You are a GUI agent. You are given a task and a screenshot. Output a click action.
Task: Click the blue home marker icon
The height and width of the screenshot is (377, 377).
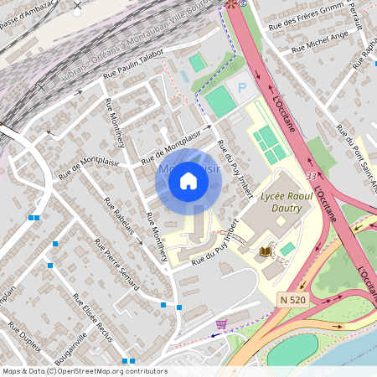188,181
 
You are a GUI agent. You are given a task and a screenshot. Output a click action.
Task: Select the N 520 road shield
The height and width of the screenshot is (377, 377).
293,299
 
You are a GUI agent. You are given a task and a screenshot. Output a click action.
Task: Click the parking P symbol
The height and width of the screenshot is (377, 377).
243,87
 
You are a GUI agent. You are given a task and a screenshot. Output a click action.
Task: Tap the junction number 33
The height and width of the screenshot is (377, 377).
311,177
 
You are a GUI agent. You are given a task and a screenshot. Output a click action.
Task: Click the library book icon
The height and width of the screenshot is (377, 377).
266,251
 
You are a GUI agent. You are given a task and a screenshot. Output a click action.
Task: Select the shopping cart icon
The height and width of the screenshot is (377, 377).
221,323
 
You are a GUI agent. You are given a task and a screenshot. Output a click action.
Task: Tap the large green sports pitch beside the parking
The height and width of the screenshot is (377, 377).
220,101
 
